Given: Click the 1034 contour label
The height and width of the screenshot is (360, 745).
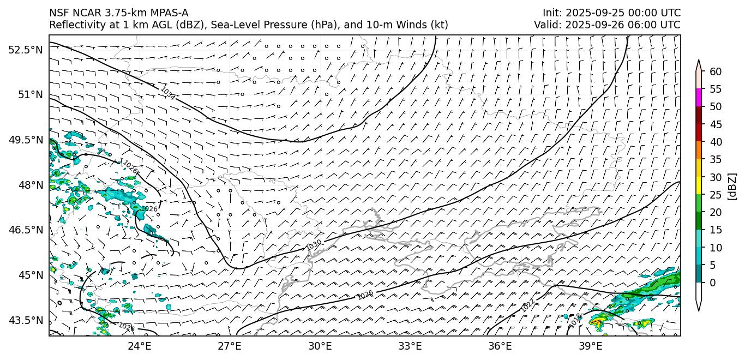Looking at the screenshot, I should tap(168, 93).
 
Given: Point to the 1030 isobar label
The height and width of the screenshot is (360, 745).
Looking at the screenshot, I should tap(314, 245).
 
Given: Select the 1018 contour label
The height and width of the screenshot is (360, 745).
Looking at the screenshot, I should tap(575, 320).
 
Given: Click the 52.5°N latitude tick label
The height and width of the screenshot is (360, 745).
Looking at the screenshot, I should tap(25, 50).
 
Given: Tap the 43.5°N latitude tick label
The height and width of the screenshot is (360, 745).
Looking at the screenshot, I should tap(25, 320).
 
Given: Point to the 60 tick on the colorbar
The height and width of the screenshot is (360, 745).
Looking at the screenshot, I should tap(716, 71).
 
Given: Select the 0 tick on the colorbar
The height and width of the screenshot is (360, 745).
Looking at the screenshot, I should tap(713, 283).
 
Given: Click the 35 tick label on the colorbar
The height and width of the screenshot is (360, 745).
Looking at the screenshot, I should tap(716, 159).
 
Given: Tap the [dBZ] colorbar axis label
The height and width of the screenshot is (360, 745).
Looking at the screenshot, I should tap(732, 187).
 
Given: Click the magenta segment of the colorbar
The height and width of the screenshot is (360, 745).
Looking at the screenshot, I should tap(699, 98).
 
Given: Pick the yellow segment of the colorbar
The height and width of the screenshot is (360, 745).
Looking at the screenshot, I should tap(699, 185).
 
